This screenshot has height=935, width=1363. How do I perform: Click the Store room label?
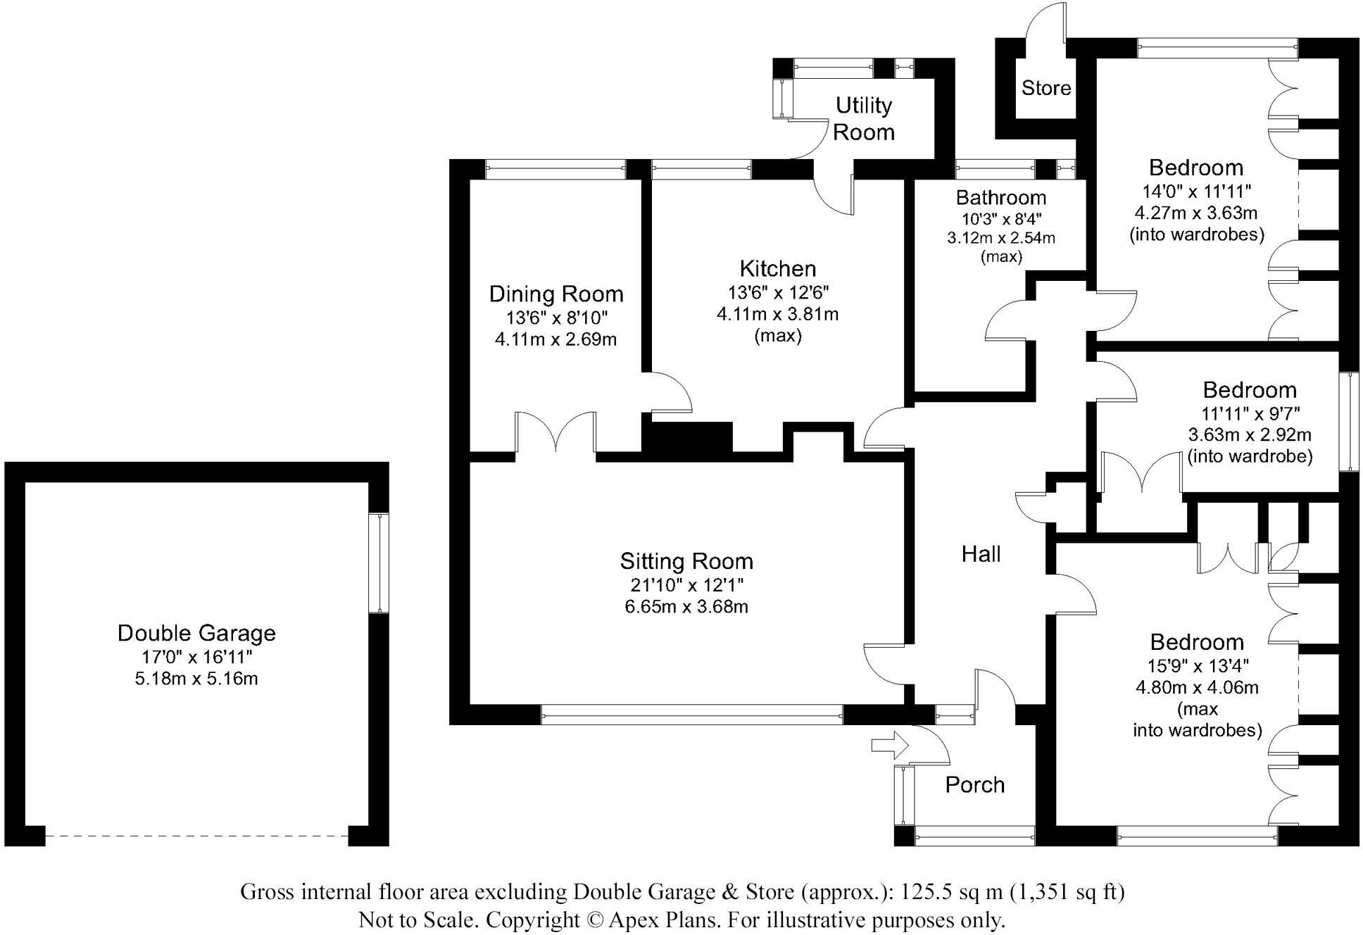[1046, 88]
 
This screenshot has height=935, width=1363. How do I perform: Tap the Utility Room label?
[863, 118]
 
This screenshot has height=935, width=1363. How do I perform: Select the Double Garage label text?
[196, 633]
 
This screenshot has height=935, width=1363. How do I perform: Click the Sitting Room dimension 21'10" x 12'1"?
[686, 584]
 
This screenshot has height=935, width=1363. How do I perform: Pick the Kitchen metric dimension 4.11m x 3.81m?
[777, 314]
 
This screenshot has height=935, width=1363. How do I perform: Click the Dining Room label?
[556, 294]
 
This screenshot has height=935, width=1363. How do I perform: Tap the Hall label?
[981, 554]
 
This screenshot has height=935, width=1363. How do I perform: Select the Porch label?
[974, 784]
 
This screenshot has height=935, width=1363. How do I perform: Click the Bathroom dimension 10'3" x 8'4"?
[1001, 218]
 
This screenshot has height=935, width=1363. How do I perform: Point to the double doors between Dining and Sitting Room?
[556, 433]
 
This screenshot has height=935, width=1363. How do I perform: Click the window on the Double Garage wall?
[379, 563]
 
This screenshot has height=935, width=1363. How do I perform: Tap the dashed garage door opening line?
[196, 835]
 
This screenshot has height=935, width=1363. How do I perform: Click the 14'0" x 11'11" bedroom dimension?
[1196, 191]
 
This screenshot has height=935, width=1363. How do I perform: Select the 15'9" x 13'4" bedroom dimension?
[1197, 665]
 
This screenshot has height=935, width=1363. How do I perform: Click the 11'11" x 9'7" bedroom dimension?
[1250, 413]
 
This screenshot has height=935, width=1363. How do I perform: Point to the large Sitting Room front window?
[692, 714]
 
